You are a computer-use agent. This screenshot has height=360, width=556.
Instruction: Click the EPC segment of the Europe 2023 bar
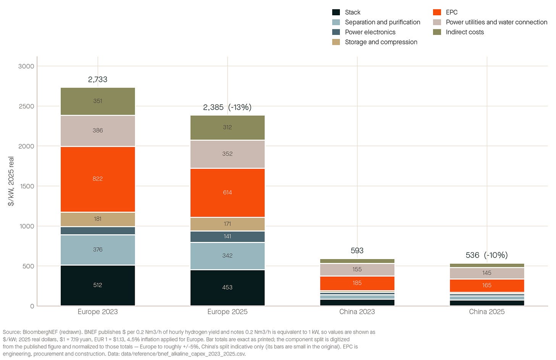click(98, 179)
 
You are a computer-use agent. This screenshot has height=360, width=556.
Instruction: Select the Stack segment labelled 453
click(227, 288)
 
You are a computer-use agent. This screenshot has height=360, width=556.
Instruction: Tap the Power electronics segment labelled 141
click(227, 237)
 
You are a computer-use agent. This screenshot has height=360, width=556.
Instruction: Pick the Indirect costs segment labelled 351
click(98, 101)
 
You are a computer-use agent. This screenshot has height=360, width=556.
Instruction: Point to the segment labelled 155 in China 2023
click(357, 270)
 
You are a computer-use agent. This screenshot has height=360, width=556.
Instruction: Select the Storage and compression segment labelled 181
click(98, 219)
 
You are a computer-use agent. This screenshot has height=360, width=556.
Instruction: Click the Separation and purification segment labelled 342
click(227, 256)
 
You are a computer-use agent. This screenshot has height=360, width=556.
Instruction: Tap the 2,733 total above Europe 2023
click(97, 79)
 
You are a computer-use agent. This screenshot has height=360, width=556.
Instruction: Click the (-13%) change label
click(240, 107)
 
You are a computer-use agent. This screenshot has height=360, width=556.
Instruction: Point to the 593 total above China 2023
click(357, 250)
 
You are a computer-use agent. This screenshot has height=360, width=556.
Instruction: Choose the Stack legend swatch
click(336, 12)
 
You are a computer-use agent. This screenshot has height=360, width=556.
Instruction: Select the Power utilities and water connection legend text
click(496, 22)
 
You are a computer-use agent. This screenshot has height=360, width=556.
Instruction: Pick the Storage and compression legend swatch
click(336, 42)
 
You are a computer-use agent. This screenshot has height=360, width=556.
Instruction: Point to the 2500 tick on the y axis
click(26, 106)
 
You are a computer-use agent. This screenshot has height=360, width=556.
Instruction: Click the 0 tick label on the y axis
click(32, 306)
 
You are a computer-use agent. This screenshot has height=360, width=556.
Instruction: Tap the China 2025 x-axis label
click(487, 312)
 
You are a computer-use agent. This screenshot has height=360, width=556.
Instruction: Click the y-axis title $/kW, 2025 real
click(11, 182)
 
